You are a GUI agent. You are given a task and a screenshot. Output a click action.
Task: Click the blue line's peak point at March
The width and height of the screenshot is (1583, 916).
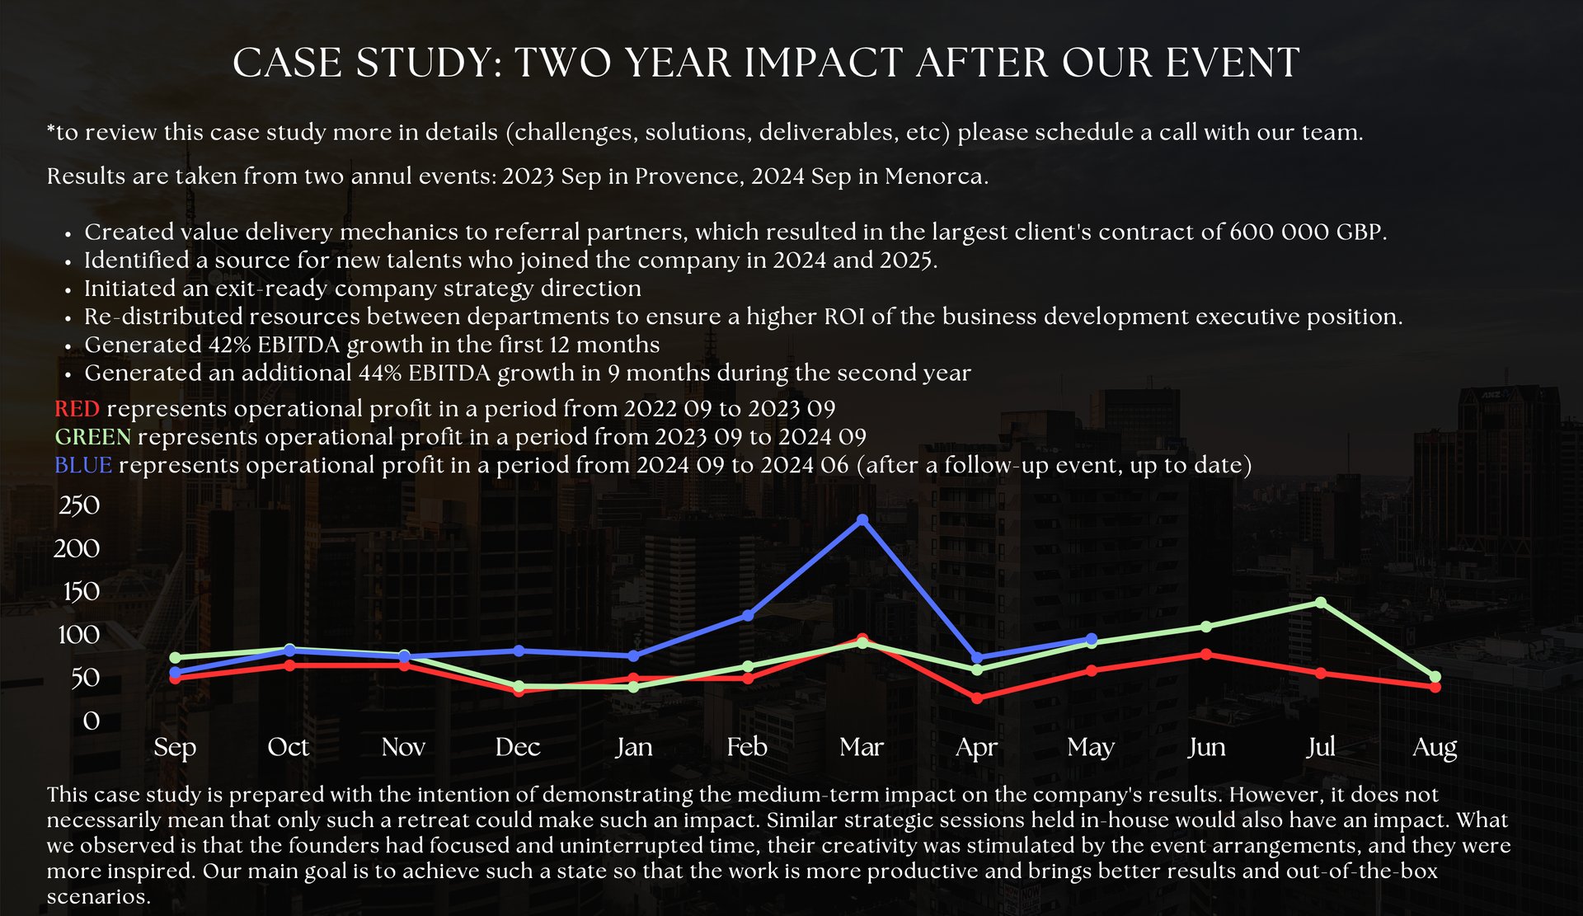coord(862,519)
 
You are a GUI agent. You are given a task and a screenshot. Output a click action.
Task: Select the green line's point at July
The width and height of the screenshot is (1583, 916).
coord(1321,603)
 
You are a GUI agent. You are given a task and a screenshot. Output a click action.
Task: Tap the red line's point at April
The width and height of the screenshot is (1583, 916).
coord(977,698)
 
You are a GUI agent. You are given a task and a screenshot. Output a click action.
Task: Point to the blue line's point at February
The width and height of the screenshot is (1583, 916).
coord(748,615)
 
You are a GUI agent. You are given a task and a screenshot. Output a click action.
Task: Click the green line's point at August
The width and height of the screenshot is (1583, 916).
coord(1435,677)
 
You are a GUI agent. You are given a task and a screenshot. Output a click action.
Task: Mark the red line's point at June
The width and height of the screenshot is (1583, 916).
coord(1206,654)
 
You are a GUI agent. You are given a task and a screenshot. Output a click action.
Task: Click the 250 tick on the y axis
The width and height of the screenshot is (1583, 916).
coord(79,505)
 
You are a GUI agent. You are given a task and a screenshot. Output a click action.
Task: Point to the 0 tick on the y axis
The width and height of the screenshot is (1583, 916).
coord(91,721)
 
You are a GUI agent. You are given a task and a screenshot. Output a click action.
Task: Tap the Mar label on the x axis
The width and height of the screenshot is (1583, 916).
coord(862,747)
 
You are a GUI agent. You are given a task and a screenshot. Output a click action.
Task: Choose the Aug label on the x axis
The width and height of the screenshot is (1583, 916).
coord(1435,747)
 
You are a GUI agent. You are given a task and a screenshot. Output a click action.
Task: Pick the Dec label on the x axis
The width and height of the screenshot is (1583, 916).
coord(518,747)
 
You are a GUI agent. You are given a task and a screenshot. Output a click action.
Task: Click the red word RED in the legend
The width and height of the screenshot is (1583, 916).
coord(77,409)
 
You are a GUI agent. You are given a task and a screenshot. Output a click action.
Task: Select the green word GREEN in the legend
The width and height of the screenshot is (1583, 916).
coord(92,437)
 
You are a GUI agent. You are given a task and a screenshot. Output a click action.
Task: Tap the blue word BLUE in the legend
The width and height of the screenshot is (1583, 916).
coord(82,465)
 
